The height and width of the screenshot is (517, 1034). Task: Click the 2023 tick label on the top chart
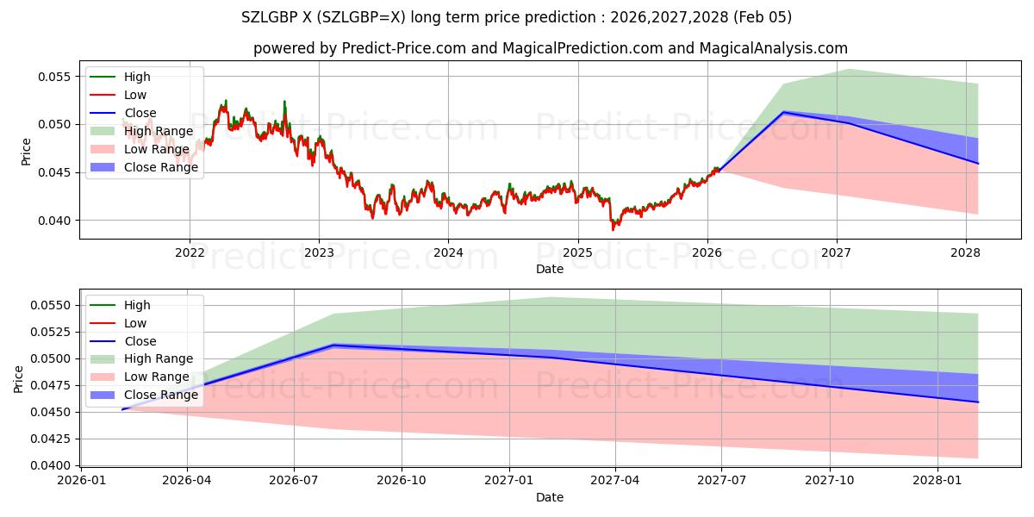tap(319, 252)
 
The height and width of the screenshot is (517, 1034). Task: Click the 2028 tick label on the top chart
tap(965, 252)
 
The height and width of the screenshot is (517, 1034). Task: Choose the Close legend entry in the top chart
tap(140, 113)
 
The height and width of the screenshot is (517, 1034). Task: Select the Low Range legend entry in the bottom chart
tap(156, 377)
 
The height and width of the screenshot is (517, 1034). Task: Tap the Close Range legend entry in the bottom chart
tap(160, 395)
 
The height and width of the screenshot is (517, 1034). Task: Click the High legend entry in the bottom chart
tap(137, 305)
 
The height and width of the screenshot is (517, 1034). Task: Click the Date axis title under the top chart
tap(550, 269)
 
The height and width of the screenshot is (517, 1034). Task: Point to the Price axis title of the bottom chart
tap(19, 379)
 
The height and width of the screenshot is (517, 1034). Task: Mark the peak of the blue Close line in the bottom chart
tap(333, 345)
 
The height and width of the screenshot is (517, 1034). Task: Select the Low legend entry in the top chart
tap(135, 95)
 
